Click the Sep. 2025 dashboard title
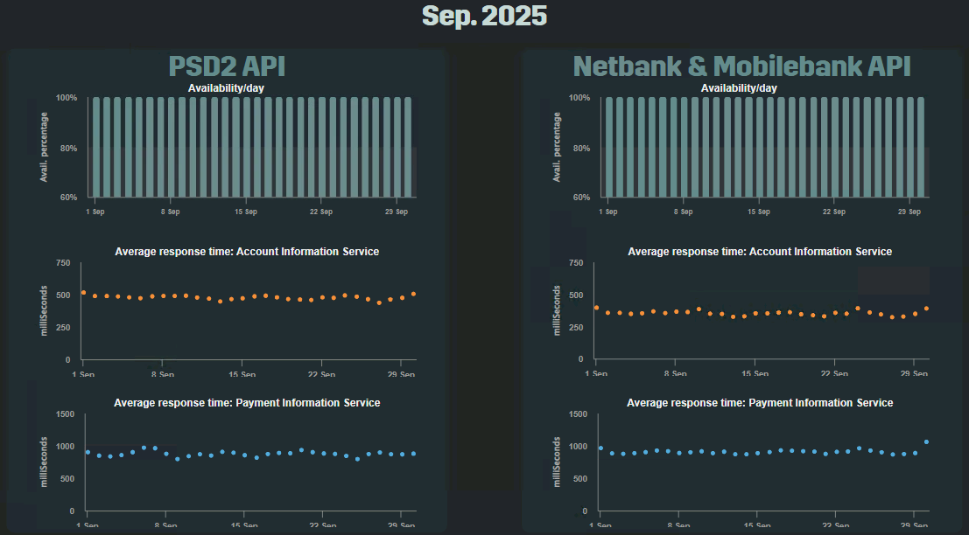click(484, 16)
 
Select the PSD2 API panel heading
click(227, 66)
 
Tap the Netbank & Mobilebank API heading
click(741, 66)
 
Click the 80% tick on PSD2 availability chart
click(67, 148)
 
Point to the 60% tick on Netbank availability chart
click(579, 198)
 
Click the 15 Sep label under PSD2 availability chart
click(246, 212)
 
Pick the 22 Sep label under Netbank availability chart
click(834, 212)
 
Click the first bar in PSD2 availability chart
click(95, 147)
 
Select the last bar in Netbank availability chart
click(920, 147)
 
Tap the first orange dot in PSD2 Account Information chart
click(83, 293)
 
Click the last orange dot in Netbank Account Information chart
click(926, 309)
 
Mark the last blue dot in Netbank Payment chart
click(926, 442)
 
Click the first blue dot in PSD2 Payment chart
click(88, 452)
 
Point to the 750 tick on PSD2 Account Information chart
click(62, 262)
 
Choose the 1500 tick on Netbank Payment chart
click(577, 413)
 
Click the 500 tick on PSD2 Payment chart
click(66, 478)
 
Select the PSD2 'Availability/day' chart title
click(226, 87)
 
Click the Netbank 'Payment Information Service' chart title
click(760, 403)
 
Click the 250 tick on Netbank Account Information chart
click(576, 327)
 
